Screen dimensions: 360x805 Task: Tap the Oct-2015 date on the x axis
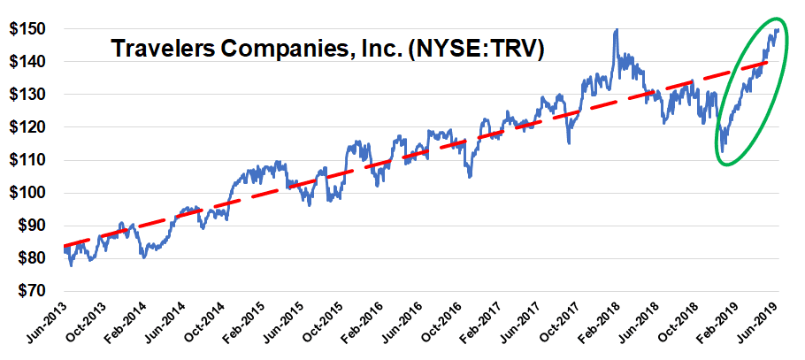[322, 325]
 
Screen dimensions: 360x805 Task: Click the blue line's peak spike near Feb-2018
[616, 30]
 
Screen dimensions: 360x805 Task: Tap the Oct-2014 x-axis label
[200, 325]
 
